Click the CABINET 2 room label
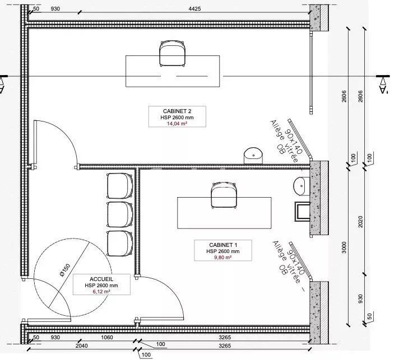click(x=177, y=111)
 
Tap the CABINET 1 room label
click(x=223, y=245)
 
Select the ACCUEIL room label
click(x=101, y=279)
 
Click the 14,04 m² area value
click(x=177, y=124)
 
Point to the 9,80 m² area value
click(x=223, y=258)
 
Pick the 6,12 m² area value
click(x=101, y=291)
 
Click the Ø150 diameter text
click(x=65, y=270)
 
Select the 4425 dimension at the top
click(x=194, y=8)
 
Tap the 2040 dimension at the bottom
click(x=82, y=346)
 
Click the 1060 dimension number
click(x=107, y=338)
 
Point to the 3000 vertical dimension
click(x=344, y=247)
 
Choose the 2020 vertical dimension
click(x=360, y=222)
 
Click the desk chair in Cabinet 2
click(x=172, y=54)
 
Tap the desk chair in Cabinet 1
click(x=224, y=195)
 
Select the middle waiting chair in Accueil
click(x=119, y=214)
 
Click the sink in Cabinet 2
click(x=253, y=156)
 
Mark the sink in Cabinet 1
click(x=301, y=186)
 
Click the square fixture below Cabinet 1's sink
click(x=302, y=212)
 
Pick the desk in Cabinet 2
click(x=173, y=71)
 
